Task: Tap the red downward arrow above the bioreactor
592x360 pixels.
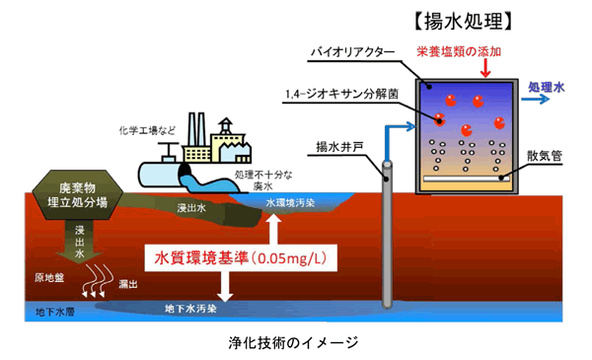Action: click(485, 69)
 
